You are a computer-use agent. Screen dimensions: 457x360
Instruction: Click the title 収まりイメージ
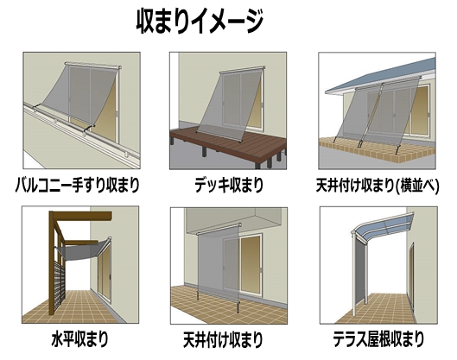[x=200, y=22]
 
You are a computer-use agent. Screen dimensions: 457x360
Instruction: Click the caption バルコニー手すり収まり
[x=77, y=185]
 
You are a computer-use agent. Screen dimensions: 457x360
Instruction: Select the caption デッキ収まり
[x=229, y=185]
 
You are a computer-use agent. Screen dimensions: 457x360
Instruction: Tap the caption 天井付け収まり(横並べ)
[x=378, y=185]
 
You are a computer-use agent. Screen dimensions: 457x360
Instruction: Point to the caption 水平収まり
[x=79, y=338]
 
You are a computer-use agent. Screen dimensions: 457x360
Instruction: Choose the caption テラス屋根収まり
[x=378, y=338]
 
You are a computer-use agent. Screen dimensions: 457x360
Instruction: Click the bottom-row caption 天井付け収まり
[x=223, y=338]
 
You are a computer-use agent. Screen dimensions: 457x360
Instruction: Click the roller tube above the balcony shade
[x=93, y=66]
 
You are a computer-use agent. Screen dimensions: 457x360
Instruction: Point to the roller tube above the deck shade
[x=243, y=70]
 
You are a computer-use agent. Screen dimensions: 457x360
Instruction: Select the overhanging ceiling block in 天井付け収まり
[x=233, y=219]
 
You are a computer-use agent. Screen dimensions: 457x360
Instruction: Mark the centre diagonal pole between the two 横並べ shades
[x=371, y=115]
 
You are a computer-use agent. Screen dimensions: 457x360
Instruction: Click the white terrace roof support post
[x=353, y=275]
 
